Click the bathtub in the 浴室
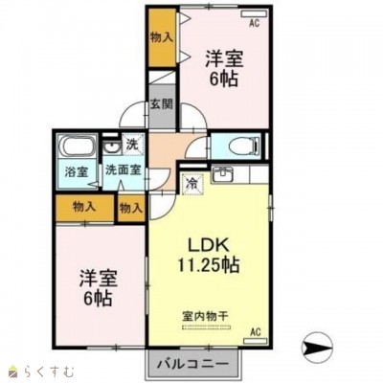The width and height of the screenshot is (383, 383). (x=77, y=146)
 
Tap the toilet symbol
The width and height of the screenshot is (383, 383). (x=245, y=146)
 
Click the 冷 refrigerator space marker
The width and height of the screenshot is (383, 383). (x=192, y=183)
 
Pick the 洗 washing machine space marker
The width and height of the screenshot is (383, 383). (x=132, y=145)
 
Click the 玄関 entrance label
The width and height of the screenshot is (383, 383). (x=162, y=104)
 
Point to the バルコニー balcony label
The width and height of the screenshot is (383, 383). (x=193, y=364)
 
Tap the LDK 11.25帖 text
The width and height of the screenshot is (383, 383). (x=208, y=256)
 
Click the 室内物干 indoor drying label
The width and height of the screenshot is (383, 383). (x=205, y=316)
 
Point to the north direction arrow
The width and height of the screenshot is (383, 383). (x=317, y=346)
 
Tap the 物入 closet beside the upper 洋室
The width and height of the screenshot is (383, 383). (x=162, y=37)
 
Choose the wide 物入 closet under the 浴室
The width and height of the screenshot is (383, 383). (x=84, y=208)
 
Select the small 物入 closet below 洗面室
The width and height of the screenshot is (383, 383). (x=131, y=209)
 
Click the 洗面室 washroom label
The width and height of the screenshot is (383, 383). (x=124, y=169)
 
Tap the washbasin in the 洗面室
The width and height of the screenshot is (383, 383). (x=111, y=147)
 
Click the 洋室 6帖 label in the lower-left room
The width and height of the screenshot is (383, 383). (x=98, y=288)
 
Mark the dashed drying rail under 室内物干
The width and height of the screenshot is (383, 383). (x=206, y=327)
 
